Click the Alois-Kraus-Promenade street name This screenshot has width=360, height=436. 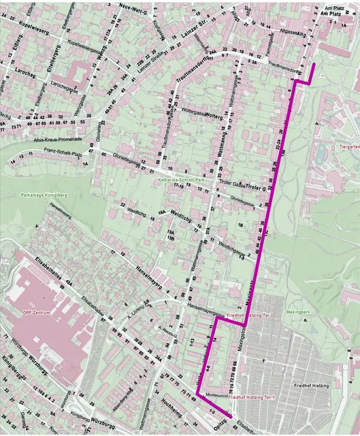point(56,138)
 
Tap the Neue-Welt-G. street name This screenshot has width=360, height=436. point(133,5)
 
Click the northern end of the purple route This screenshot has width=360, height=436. point(313,65)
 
